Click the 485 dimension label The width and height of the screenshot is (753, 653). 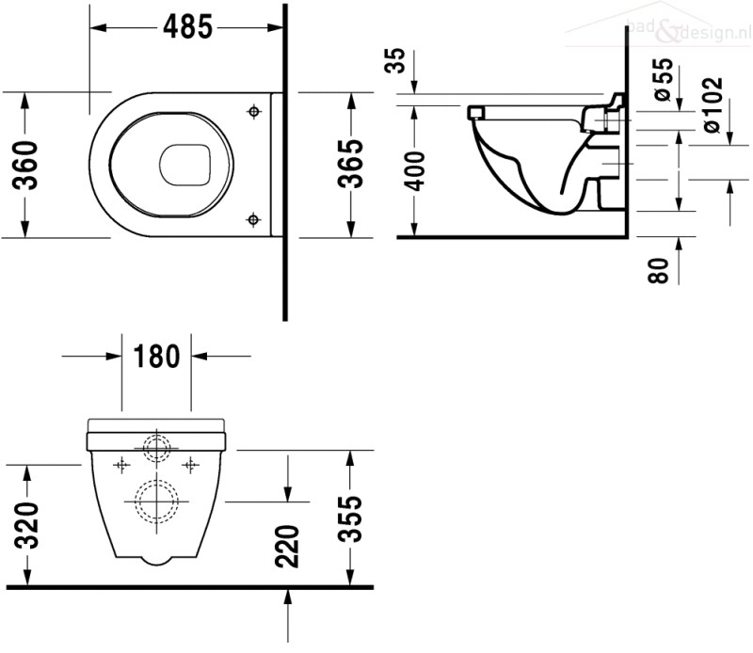[187, 27]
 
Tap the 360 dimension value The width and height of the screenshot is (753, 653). [25, 165]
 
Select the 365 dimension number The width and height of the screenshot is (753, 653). [350, 164]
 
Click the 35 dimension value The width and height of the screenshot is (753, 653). [396, 60]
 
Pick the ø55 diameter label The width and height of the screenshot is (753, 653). [664, 79]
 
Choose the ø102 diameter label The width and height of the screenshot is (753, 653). [713, 105]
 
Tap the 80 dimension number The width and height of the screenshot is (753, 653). [658, 270]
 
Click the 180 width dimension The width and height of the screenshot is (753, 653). [156, 357]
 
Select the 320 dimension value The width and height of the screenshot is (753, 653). [26, 525]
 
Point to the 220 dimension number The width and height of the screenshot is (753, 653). [287, 547]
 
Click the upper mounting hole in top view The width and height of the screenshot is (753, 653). [254, 112]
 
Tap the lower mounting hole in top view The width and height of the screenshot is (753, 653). [253, 220]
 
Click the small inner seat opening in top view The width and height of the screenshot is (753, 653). [184, 165]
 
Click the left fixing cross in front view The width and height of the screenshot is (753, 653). [121, 465]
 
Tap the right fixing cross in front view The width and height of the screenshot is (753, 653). [191, 465]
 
